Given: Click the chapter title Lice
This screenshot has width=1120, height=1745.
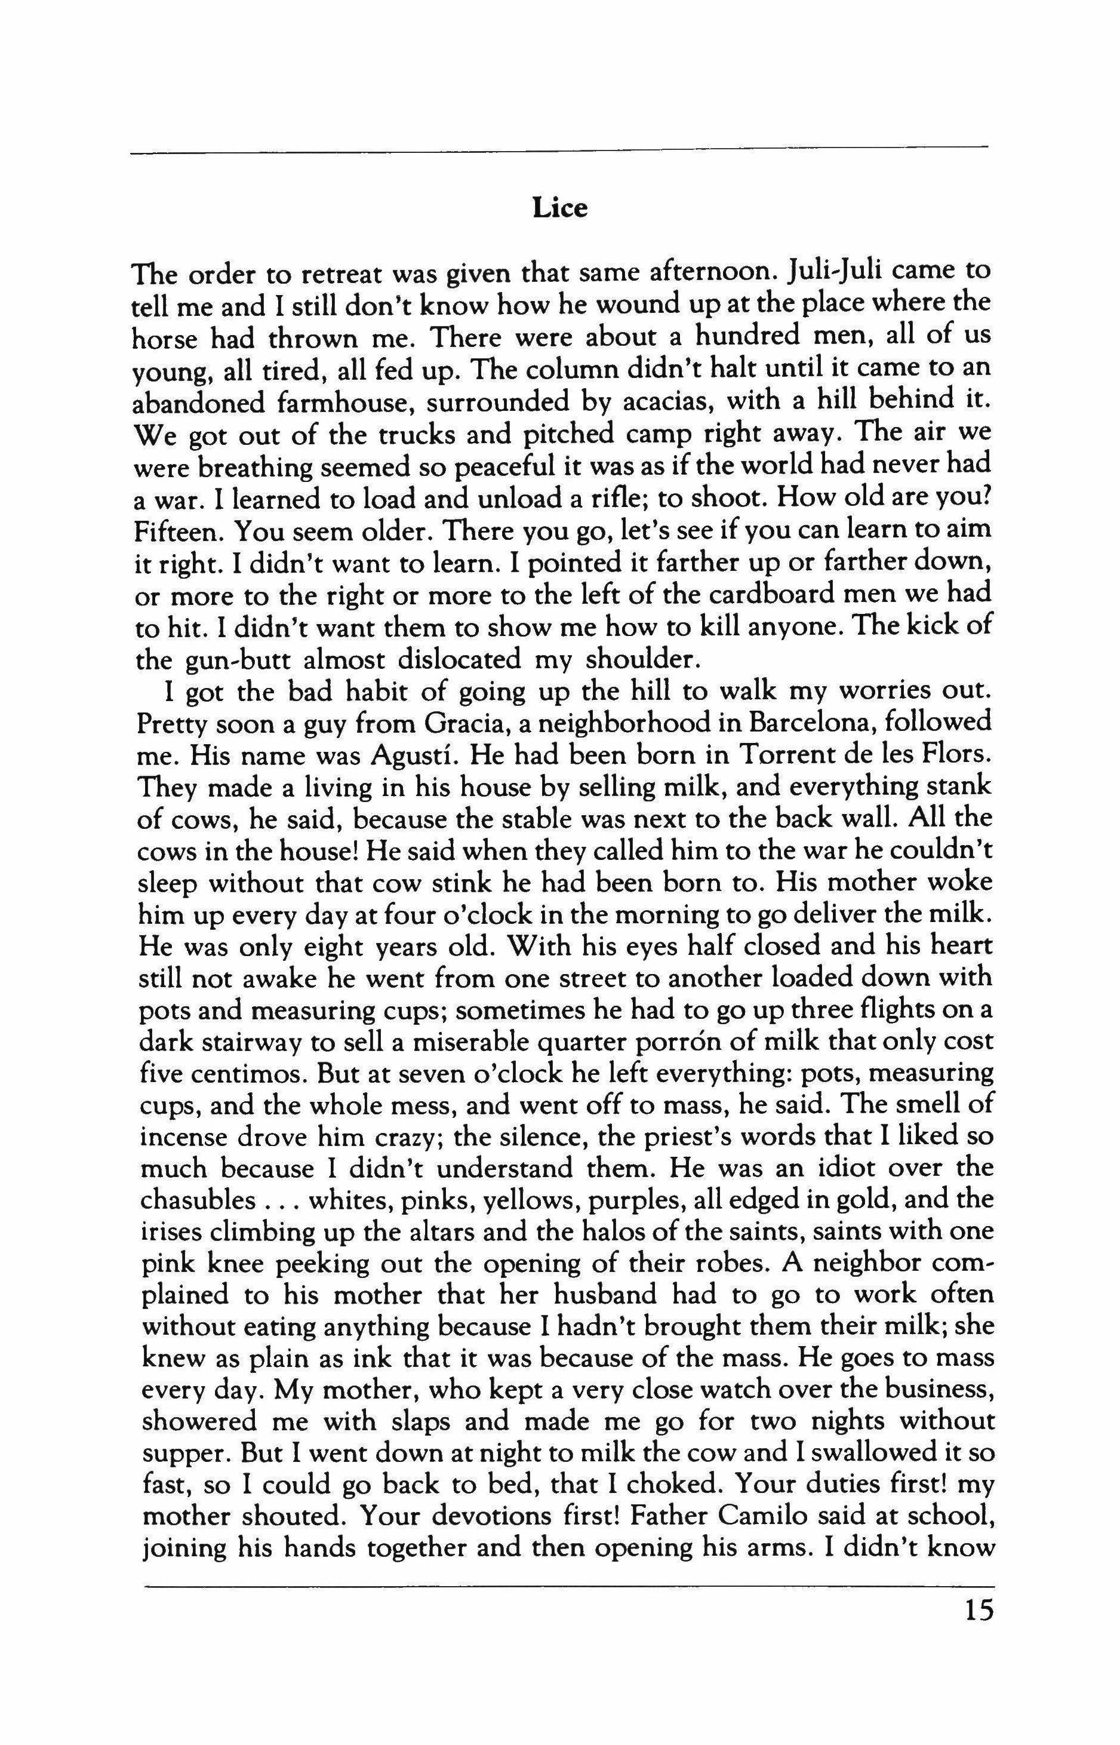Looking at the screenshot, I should tap(559, 209).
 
